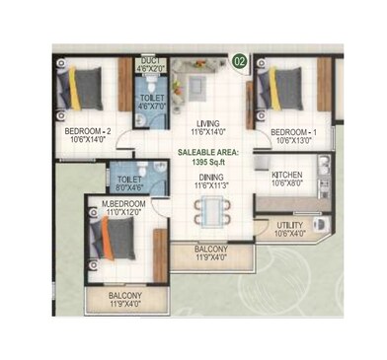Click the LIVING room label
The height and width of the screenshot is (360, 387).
(x=207, y=122)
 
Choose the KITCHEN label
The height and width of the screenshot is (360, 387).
(x=286, y=174)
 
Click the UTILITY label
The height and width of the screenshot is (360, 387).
(x=290, y=226)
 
